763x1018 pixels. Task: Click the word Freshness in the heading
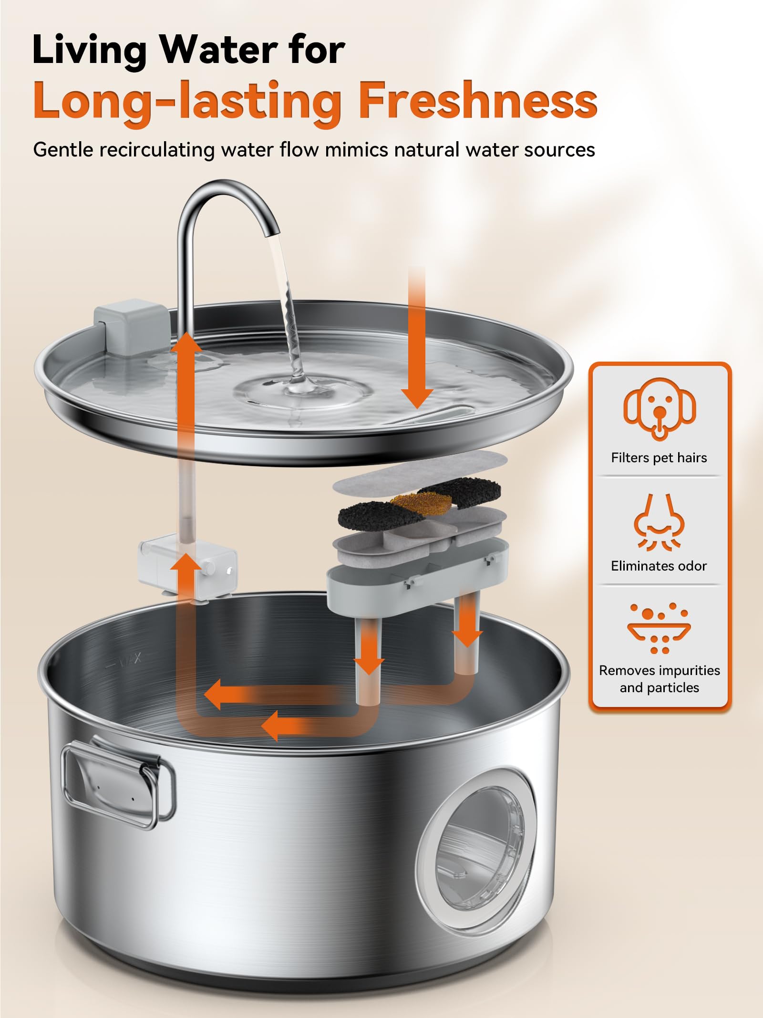pos(478,100)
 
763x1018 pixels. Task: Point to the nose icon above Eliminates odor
pos(659,522)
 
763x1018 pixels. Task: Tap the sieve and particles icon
pos(659,628)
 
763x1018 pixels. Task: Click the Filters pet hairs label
pos(659,458)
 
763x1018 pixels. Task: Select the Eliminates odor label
pos(659,566)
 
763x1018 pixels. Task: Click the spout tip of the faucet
pos(272,232)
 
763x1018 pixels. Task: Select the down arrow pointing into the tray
pos(417,338)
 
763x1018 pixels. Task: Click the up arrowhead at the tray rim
pos(186,343)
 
